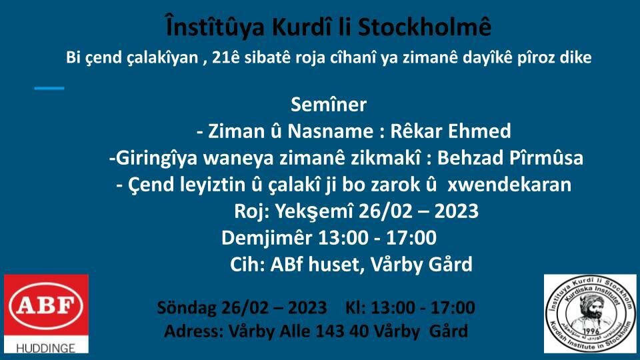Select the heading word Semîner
[x=329, y=105]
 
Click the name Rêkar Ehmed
[x=451, y=131]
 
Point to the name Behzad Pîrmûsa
[x=510, y=157]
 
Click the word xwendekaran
[x=509, y=185]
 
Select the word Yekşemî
[x=314, y=211]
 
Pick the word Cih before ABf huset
[x=247, y=264]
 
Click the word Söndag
[x=186, y=308]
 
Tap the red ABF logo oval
[x=46, y=305]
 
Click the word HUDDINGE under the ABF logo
[x=46, y=348]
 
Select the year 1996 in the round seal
[x=591, y=330]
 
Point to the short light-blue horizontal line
[x=49, y=88]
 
